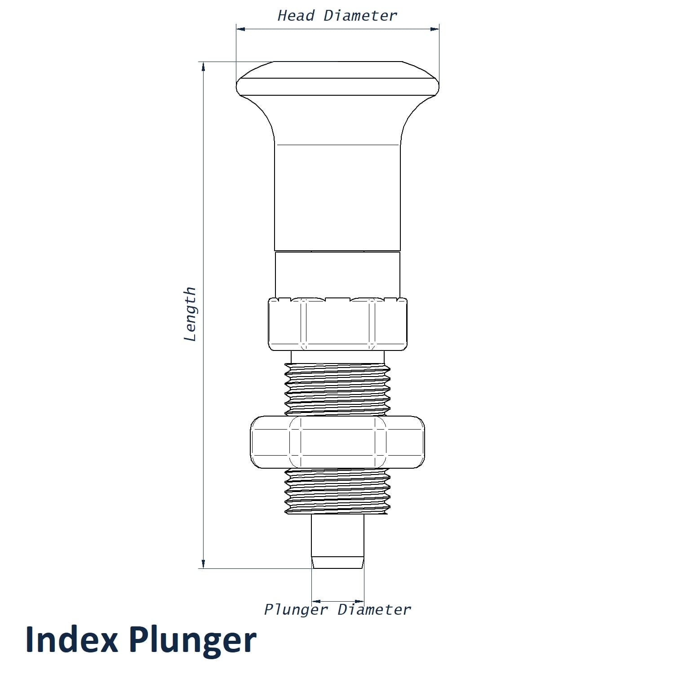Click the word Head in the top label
[x=296, y=16]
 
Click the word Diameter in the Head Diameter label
[x=360, y=16]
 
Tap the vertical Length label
[x=191, y=314]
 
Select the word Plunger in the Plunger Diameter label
[x=296, y=610]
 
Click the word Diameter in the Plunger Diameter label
[x=374, y=610]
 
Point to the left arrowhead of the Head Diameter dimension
[x=241, y=29]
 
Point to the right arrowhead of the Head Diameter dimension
[x=435, y=29]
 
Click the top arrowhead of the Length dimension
[x=204, y=67]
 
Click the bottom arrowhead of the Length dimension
[x=204, y=563]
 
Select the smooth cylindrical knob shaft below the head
[x=337, y=198]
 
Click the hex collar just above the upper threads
[x=337, y=324]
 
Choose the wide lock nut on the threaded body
[x=337, y=442]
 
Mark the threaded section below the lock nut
[x=337, y=491]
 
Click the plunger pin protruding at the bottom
[x=338, y=541]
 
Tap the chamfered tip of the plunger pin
[x=338, y=563]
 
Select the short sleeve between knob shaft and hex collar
[x=337, y=275]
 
